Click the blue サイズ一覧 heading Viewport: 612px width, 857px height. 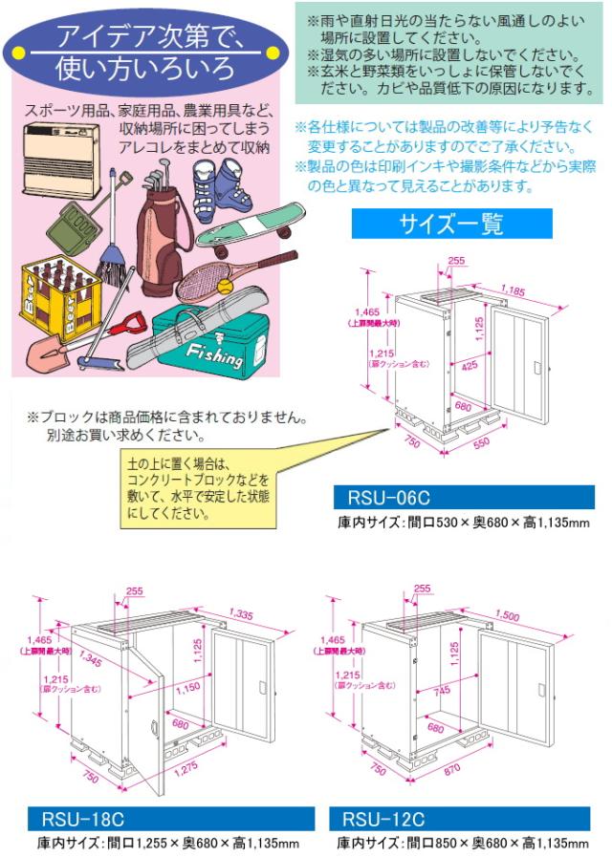tap(451, 224)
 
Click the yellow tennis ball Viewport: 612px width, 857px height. tap(224, 287)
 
